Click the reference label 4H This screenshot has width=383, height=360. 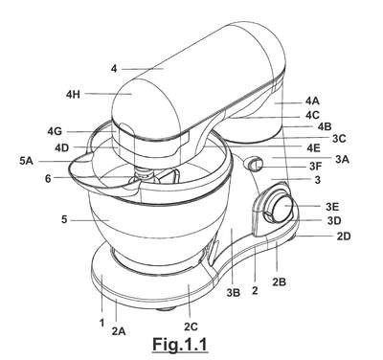73,95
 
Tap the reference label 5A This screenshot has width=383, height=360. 26,161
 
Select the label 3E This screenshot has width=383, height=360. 332,207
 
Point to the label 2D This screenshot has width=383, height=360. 344,236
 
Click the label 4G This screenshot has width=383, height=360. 55,131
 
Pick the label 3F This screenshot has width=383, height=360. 316,167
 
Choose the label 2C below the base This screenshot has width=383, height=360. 191,326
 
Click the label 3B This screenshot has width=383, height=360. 233,293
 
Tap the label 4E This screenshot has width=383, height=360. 314,147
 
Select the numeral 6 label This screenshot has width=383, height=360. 48,179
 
